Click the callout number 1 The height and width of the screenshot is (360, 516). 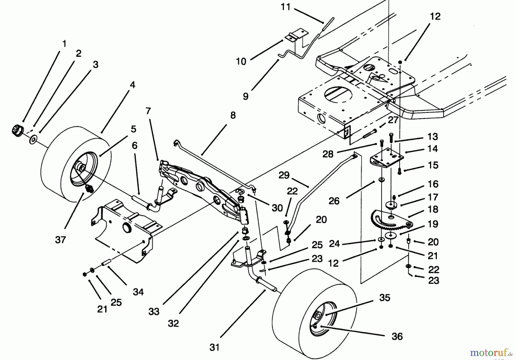tap(64, 44)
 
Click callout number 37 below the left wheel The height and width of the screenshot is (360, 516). tap(60, 239)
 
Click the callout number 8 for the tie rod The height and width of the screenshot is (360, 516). tap(233, 115)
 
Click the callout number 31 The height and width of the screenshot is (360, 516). tap(214, 347)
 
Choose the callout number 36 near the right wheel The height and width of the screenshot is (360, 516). tap(397, 336)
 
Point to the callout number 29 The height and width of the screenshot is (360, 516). tap(284, 175)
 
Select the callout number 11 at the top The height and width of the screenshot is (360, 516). tap(286, 7)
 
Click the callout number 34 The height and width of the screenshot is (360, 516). tap(138, 292)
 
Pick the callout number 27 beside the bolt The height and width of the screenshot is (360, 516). tap(393, 120)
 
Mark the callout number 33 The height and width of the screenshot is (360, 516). tap(154, 311)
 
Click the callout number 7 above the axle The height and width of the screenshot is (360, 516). tap(148, 111)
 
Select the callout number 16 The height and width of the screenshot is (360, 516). tap(433, 184)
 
